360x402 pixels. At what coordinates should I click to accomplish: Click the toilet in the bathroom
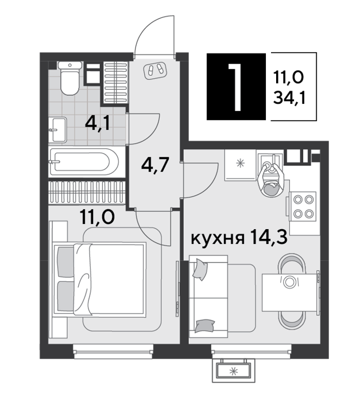[69, 78]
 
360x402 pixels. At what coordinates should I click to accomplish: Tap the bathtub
[84, 162]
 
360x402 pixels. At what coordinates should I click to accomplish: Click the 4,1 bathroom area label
[98, 124]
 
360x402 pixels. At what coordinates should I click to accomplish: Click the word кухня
[218, 239]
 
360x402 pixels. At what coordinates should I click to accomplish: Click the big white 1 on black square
[235, 87]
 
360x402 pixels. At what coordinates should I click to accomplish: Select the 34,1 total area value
[289, 98]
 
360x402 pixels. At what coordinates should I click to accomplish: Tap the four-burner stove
[303, 206]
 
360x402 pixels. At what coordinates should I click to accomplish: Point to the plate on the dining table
[289, 282]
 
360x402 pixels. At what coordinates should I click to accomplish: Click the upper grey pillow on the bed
[66, 262]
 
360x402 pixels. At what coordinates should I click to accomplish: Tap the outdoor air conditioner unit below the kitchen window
[234, 370]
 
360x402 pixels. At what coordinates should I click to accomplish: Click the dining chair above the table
[292, 264]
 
